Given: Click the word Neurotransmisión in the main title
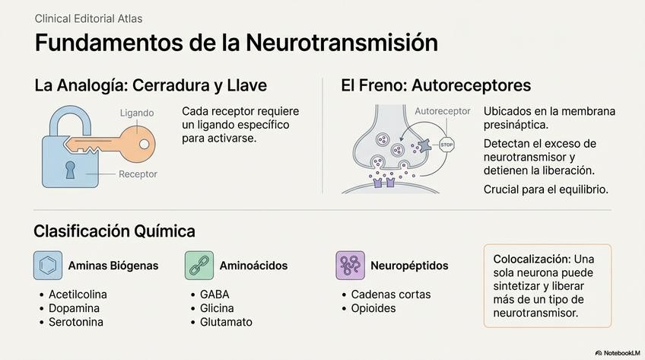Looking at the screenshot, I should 342,43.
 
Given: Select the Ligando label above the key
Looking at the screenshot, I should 137,113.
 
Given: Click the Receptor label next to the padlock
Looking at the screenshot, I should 138,174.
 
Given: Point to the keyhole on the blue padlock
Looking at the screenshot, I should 70,169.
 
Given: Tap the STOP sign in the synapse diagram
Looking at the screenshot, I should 446,144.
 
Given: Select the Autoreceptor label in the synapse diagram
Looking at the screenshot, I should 443,111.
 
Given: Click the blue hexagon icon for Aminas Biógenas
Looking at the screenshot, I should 48,266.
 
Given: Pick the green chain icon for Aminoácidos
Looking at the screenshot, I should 199,266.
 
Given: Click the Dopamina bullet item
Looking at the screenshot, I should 74,308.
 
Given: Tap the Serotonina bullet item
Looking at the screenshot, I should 76,322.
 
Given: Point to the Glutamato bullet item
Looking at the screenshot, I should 225,322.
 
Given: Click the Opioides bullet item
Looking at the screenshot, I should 373,308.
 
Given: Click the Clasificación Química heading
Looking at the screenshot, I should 115,231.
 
